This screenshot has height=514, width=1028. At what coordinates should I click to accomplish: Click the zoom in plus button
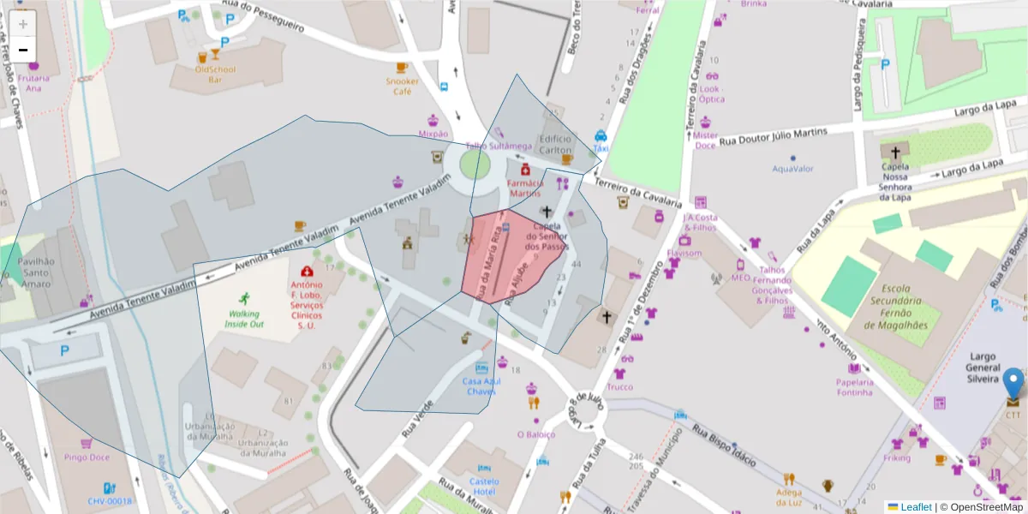coord(23,24)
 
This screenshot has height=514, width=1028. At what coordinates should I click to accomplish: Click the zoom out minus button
coord(23,50)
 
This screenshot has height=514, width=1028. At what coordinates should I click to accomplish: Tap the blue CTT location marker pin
coord(1013,385)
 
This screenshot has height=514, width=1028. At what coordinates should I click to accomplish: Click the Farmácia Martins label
coord(525,188)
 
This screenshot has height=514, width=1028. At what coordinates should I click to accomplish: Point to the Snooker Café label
coord(402,87)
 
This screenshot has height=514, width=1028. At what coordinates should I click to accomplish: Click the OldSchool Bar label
coord(215,74)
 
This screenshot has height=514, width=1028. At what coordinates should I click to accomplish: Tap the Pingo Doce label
coord(86,458)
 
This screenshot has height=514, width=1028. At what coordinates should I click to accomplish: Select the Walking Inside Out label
coord(244,319)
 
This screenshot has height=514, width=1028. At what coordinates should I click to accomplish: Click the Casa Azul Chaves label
coord(481,386)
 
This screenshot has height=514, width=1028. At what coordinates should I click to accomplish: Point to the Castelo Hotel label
coord(484,487)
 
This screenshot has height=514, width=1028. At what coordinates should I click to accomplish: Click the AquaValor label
coord(792,169)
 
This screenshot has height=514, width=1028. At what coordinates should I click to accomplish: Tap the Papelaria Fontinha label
coord(854,387)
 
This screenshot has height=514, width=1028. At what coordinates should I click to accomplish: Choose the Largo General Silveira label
coord(983,367)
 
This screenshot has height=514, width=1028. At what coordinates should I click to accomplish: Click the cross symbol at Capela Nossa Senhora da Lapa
coord(895,152)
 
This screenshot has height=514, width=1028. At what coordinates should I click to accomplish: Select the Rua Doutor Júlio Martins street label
coord(773,137)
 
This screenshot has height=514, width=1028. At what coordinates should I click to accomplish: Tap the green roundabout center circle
coord(475,164)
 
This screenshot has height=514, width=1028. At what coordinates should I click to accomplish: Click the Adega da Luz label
coord(788,497)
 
